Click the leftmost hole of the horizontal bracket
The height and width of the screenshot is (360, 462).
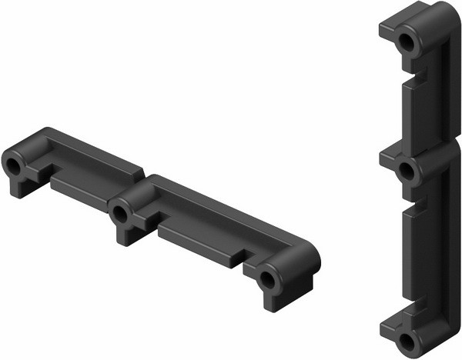pyautogui.click(x=13, y=165)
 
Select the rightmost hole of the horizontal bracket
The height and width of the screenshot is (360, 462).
pyautogui.click(x=266, y=279)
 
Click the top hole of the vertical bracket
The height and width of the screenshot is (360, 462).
pyautogui.click(x=407, y=42)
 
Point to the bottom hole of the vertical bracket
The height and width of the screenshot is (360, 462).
pyautogui.click(x=406, y=340)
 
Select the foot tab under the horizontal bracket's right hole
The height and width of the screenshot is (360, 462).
pyautogui.click(x=273, y=301)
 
